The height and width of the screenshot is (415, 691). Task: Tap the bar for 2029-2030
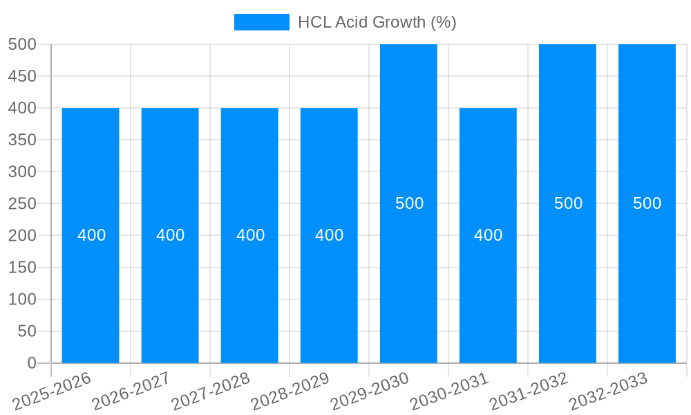(x=408, y=277)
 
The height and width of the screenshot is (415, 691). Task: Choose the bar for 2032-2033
(x=647, y=277)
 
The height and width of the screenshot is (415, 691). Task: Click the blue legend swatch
(x=262, y=22)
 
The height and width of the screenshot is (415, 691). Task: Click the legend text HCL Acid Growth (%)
(x=377, y=22)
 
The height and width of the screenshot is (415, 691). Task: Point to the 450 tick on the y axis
(x=22, y=76)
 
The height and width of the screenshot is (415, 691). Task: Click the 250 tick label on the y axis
(x=22, y=203)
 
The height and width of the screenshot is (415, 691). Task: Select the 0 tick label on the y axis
(x=31, y=363)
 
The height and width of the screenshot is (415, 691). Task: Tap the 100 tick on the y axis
(x=22, y=299)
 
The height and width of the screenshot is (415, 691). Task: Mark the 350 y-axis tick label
(x=22, y=140)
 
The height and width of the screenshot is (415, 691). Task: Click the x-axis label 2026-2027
(x=131, y=391)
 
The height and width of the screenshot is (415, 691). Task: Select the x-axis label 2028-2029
(x=290, y=391)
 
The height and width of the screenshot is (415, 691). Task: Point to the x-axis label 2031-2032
(x=529, y=391)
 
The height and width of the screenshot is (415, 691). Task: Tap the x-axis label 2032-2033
(x=608, y=391)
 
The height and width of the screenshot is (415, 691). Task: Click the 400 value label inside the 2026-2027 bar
(x=170, y=235)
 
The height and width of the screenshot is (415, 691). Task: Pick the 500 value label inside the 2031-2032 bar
(x=568, y=203)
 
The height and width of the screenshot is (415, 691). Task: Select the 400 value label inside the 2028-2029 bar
(x=329, y=235)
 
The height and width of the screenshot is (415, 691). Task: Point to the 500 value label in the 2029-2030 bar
(x=409, y=203)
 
